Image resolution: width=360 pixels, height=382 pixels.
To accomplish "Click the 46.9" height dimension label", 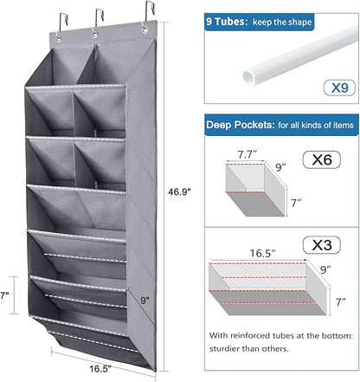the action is (x=179, y=191).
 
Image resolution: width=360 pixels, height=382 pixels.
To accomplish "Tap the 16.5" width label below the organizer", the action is (x=100, y=368).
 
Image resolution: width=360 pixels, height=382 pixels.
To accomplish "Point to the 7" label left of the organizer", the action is (x=4, y=295).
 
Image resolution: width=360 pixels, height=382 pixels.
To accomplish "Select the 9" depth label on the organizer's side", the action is (x=145, y=301).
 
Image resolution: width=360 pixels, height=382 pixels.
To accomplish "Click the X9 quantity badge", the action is (x=339, y=87).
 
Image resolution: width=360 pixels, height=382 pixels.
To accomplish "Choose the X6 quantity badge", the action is (x=322, y=159).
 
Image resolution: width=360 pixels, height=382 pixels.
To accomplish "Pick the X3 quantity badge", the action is (x=322, y=245).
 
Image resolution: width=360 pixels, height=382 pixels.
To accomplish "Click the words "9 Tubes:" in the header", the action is (x=227, y=22).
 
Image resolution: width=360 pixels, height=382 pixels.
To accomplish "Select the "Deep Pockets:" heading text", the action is (x=239, y=125).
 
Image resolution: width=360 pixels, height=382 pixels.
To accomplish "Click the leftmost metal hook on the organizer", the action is (x=63, y=23).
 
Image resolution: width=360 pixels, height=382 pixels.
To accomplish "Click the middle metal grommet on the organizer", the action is (x=94, y=34).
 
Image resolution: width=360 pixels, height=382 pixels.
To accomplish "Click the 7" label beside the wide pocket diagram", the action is (x=341, y=301).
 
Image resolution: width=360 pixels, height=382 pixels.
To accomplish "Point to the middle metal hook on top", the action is (x=100, y=19).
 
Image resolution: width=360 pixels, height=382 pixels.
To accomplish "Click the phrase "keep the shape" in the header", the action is (x=282, y=22).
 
